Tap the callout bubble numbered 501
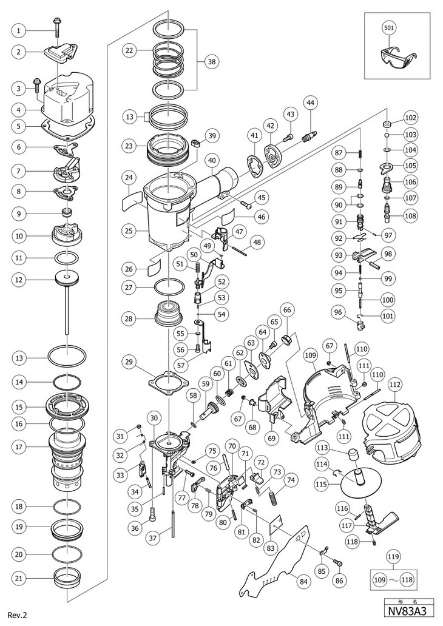coord(390,27)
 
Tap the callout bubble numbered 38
coord(211,61)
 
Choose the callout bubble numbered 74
coord(292,479)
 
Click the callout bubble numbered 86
coord(338,581)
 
